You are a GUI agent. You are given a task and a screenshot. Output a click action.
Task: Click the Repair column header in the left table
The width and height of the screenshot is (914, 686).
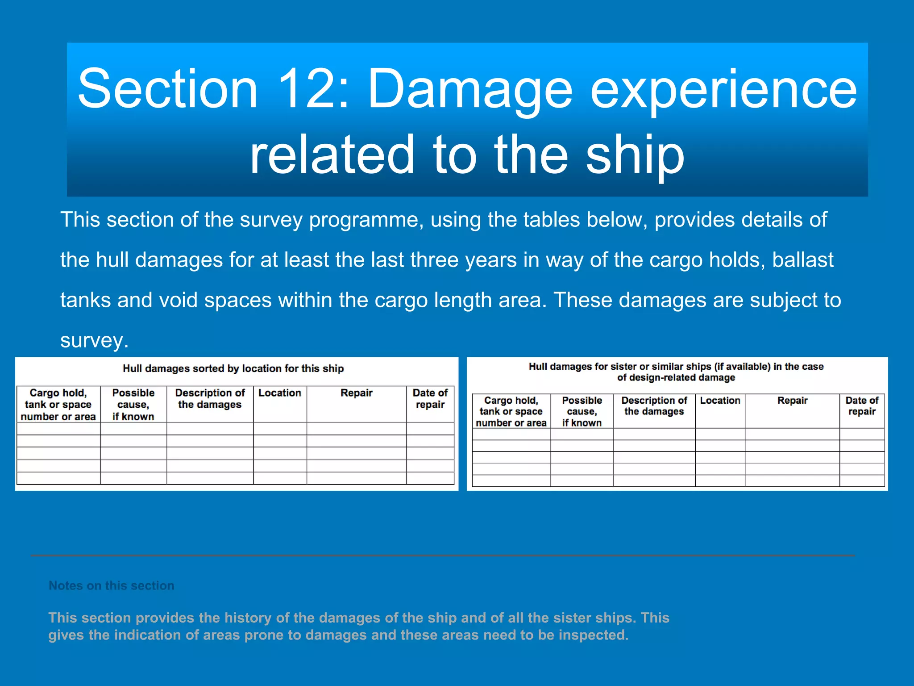(356, 393)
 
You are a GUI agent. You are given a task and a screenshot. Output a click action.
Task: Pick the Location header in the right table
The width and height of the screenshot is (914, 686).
(720, 401)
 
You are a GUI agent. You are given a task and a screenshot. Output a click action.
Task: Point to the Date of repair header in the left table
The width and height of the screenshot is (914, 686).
(430, 399)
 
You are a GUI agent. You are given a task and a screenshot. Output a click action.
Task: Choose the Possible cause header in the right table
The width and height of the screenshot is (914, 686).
(582, 411)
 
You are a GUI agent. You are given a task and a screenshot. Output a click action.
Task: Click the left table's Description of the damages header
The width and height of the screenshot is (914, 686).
(210, 399)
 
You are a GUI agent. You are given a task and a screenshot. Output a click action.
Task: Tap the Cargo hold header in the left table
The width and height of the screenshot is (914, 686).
(58, 405)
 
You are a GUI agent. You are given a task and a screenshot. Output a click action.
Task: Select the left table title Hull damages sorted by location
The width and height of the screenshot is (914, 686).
(233, 368)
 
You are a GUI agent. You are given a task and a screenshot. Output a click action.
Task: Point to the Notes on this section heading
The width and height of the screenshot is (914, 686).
(112, 586)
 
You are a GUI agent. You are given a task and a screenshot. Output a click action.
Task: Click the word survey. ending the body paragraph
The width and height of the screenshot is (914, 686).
(94, 340)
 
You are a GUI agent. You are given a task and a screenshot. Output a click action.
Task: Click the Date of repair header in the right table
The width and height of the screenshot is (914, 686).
(861, 406)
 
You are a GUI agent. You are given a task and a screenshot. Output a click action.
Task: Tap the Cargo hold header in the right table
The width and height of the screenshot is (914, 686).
(511, 411)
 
